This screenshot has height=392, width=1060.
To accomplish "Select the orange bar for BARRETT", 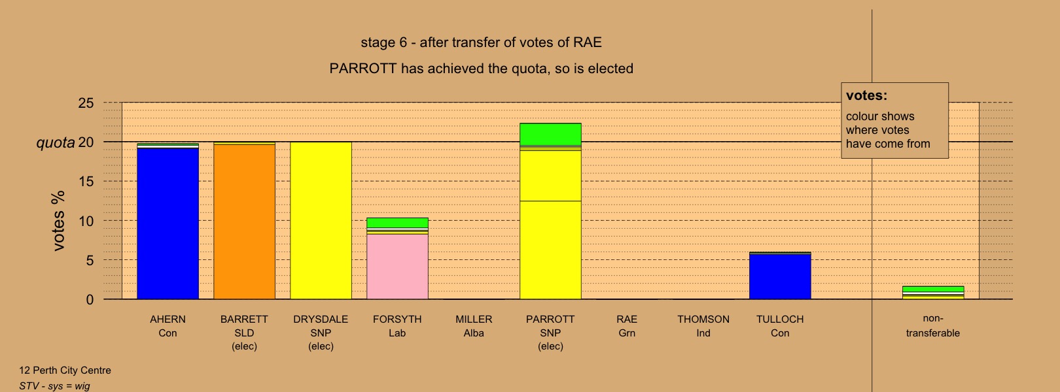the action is click(244, 221).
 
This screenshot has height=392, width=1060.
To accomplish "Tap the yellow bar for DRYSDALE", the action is click(321, 221).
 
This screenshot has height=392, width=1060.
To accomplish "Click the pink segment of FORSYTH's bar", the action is click(398, 267).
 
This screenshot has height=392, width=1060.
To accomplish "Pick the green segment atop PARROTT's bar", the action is click(550, 134).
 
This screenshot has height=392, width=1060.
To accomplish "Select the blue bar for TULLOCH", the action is click(780, 277).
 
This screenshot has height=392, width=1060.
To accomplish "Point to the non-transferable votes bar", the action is click(933, 293).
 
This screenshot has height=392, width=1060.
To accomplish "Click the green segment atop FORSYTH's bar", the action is click(398, 223).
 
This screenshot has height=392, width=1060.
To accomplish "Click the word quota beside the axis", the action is click(56, 142).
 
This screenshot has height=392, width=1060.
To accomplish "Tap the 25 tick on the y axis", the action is click(86, 103).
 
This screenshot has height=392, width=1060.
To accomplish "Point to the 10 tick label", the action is click(86, 221).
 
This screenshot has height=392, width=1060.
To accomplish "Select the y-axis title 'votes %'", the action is click(58, 221).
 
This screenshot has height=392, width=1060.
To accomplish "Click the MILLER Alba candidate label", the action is click(474, 326).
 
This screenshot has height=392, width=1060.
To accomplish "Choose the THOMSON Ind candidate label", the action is click(703, 326).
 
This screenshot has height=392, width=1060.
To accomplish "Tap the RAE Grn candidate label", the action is click(627, 326).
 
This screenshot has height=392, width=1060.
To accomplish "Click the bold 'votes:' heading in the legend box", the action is click(866, 95).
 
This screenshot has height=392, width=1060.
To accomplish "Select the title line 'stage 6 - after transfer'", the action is click(482, 42).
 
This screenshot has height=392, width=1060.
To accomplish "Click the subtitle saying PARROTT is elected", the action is click(482, 69).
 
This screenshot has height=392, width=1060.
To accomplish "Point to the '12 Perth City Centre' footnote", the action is click(65, 370).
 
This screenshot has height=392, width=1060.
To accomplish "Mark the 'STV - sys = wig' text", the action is click(54, 386).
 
